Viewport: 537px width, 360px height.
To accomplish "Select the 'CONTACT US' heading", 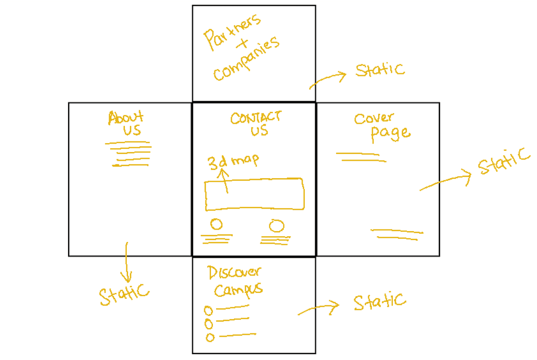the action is pos(256,124).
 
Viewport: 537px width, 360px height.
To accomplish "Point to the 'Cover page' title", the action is pos(382,127).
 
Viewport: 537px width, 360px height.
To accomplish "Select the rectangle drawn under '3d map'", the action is pos(254,194).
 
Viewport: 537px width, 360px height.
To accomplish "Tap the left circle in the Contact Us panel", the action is pos(216,224).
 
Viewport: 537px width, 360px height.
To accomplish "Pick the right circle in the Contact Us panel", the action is pos(276,226).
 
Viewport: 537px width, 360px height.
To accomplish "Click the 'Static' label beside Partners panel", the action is pos(380,70).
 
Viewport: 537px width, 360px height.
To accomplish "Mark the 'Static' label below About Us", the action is pos(124,294).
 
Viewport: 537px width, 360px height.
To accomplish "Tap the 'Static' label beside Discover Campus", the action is pos(379,301).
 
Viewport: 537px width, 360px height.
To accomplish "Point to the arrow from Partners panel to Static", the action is pos(328,79).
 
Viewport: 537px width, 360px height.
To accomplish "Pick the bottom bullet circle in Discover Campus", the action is pos(210,337).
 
